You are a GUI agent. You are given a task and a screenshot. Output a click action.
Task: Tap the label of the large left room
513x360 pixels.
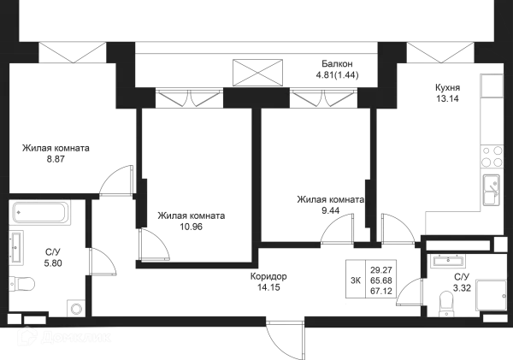click(x=56, y=154)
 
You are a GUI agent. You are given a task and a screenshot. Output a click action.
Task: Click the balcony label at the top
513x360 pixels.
click(x=339, y=72)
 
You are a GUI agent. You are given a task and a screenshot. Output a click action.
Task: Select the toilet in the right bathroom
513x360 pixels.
click(x=446, y=300)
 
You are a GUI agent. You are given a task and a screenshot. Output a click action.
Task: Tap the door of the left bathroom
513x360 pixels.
click(x=107, y=262)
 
